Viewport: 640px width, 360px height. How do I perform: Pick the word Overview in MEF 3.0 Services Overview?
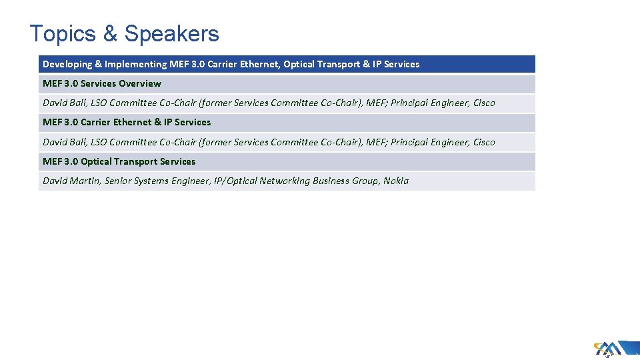click(x=139, y=83)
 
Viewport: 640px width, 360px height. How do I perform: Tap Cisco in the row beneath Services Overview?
click(x=484, y=103)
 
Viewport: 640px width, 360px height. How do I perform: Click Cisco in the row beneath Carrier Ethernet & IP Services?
click(x=484, y=142)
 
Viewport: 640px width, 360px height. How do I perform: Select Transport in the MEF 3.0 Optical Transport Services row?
click(x=136, y=161)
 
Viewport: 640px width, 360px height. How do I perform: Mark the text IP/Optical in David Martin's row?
click(x=235, y=181)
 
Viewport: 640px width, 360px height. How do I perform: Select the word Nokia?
click(x=396, y=181)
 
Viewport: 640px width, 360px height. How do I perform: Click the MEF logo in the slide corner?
click(x=607, y=349)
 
